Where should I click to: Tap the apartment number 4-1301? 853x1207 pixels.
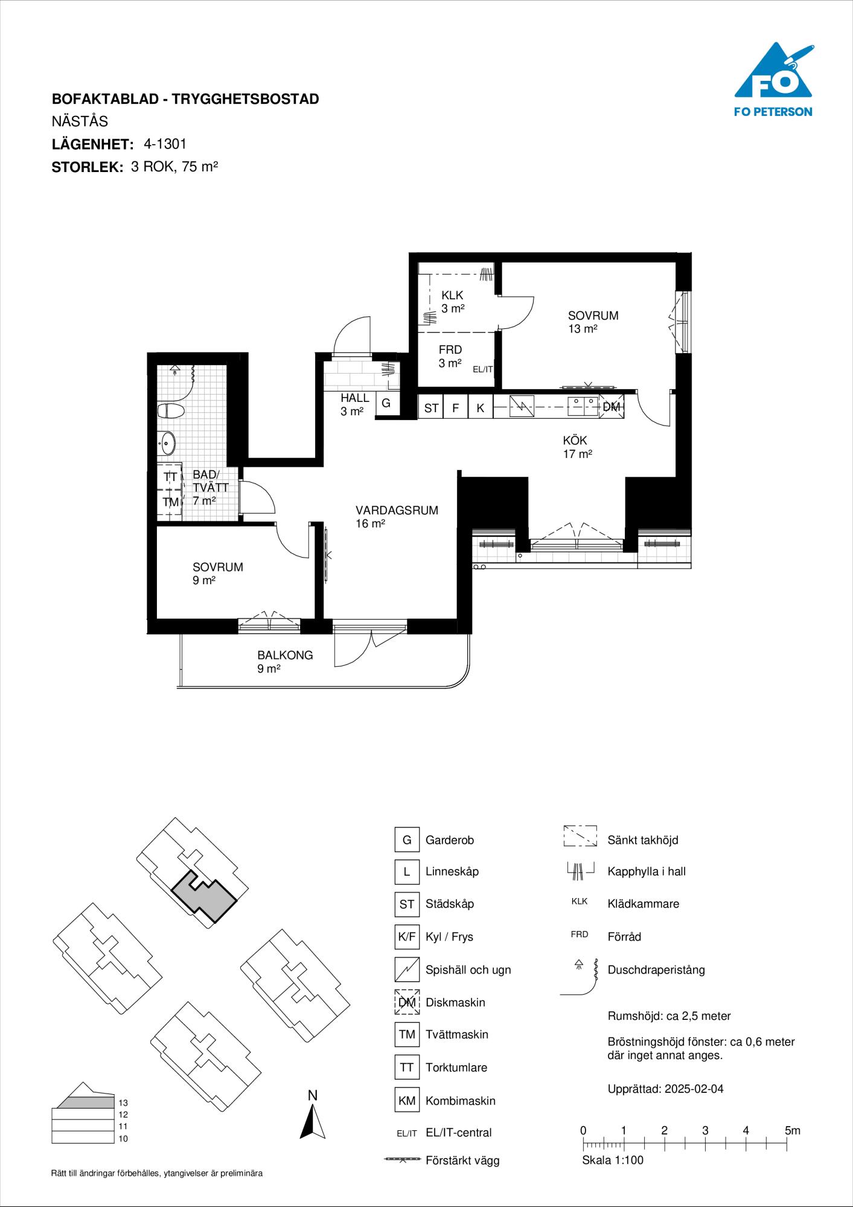[x=165, y=144]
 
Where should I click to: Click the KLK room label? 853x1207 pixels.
[x=452, y=296]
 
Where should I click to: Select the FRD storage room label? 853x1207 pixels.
[x=450, y=350]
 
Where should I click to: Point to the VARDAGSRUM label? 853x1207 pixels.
[x=397, y=511]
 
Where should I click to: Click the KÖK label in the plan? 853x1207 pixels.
[x=575, y=441]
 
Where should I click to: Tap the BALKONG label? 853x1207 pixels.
[x=285, y=655]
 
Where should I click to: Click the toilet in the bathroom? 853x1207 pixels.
[x=171, y=412]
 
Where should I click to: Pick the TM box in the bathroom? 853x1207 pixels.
[x=170, y=502]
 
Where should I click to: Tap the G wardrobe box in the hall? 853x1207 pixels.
[x=386, y=404]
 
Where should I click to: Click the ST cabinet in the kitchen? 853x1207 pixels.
[x=431, y=408]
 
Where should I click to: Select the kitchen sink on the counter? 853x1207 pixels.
[x=582, y=407]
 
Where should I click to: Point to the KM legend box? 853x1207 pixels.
[x=407, y=1100]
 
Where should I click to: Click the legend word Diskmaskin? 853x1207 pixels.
[x=455, y=1002]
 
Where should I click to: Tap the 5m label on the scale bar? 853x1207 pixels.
[x=793, y=1130]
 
